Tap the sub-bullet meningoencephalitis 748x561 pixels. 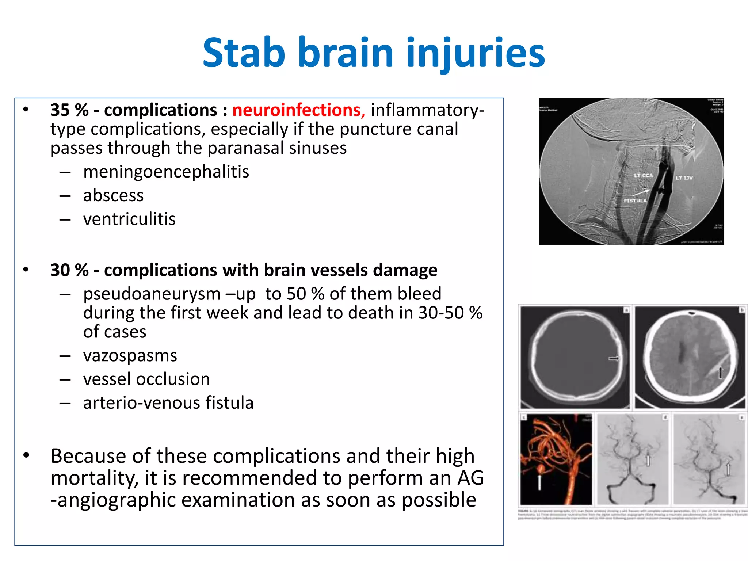point(166,172)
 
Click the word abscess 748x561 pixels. point(113,195)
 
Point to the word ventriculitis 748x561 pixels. point(129,219)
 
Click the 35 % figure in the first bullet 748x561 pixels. point(69,110)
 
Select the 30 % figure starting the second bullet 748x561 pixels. point(69,270)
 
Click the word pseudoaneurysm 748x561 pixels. point(152,294)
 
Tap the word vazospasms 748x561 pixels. point(130,355)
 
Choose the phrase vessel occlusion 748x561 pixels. point(146,379)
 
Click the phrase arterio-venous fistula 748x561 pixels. point(168,403)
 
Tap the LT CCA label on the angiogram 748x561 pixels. point(643,176)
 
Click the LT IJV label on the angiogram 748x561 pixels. point(684,178)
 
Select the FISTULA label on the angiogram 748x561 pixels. point(635,201)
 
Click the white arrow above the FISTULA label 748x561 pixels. point(641,192)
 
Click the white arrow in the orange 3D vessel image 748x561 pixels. point(539,482)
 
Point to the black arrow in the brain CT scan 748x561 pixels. point(720,373)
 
